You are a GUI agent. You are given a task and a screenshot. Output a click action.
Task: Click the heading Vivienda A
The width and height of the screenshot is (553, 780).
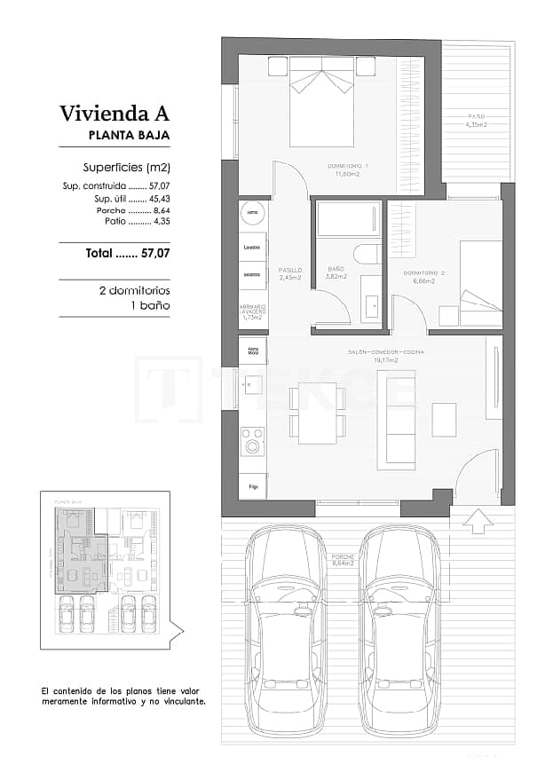(114, 114)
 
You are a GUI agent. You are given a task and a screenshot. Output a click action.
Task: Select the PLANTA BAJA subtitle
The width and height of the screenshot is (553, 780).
(129, 136)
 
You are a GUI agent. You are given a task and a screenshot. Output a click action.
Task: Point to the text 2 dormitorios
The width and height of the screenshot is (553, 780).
(133, 290)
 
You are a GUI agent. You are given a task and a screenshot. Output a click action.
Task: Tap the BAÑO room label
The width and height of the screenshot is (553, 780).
(336, 272)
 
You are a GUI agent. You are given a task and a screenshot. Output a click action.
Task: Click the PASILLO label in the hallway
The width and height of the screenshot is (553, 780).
(289, 272)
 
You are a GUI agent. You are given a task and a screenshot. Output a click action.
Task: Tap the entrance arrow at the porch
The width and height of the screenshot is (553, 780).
(478, 521)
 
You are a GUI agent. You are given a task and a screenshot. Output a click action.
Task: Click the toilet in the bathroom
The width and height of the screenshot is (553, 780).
(367, 255)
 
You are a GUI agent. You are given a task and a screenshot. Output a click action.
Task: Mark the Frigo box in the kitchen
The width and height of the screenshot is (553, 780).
(253, 486)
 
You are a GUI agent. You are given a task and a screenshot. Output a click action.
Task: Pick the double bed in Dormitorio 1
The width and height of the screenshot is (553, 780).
(321, 102)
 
